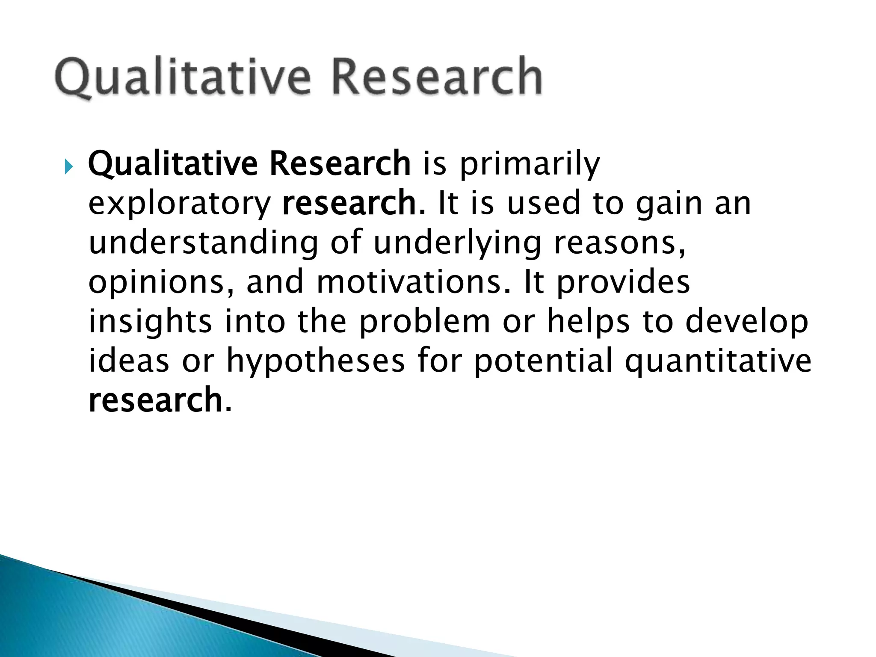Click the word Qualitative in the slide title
(x=182, y=77)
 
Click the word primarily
(x=530, y=165)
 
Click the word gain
(x=669, y=204)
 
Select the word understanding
(x=204, y=243)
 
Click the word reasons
(x=619, y=243)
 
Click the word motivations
(x=413, y=282)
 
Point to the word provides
(x=623, y=283)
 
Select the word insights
(x=150, y=322)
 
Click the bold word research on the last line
(x=155, y=400)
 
